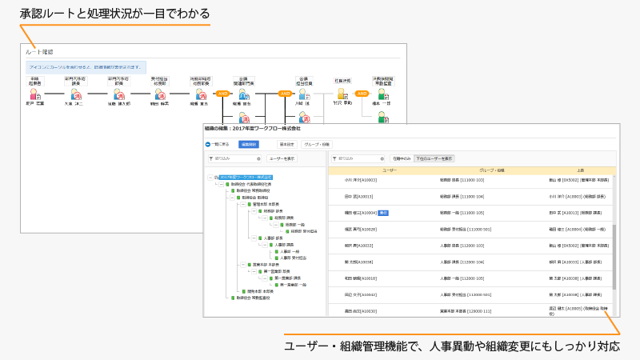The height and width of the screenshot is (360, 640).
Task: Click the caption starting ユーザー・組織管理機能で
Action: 453,346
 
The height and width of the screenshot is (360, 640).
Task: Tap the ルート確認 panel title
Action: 39,51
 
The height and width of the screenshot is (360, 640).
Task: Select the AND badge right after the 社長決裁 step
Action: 362,94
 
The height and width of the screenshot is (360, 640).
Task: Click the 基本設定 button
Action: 286,144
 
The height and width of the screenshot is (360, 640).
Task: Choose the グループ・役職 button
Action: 316,144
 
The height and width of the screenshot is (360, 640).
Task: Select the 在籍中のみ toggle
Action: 402,158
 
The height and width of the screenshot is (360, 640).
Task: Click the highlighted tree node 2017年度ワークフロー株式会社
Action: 246,177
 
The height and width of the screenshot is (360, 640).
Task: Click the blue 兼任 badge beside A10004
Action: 383,213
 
